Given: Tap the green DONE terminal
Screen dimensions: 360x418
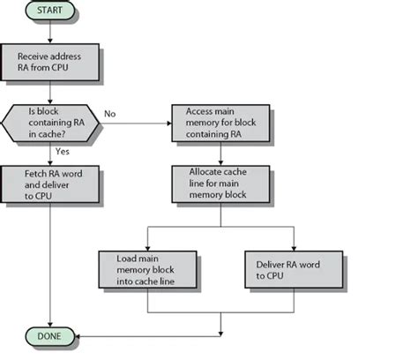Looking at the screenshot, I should [50, 335].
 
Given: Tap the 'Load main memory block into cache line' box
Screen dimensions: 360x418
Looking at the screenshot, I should [149, 266].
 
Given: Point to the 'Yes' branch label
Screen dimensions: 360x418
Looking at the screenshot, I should [63, 151].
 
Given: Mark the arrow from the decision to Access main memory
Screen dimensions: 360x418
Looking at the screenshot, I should [132, 123].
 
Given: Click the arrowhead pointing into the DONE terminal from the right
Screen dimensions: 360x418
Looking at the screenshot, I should [80, 335].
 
